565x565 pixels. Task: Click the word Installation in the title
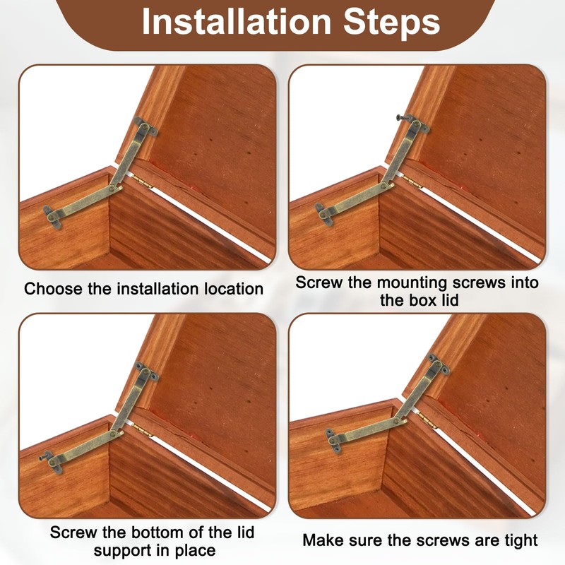[237, 21]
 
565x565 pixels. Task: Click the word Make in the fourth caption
[323, 540]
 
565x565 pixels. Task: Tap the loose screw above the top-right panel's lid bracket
[403, 117]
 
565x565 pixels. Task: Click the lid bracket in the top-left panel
[145, 126]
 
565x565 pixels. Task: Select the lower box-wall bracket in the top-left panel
[52, 217]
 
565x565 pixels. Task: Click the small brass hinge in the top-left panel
[141, 180]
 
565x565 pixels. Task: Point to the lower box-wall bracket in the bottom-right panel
[335, 440]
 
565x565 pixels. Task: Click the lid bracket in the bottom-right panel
[439, 364]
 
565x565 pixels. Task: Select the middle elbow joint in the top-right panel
[388, 186]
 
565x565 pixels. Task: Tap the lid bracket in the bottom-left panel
[147, 372]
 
